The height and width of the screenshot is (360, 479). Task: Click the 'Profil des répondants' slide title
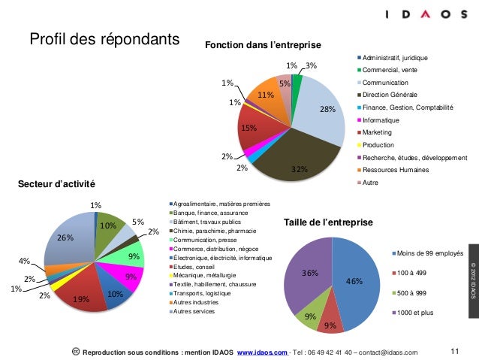[104, 38]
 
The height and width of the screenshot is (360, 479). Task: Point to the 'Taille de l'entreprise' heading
[327, 222]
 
